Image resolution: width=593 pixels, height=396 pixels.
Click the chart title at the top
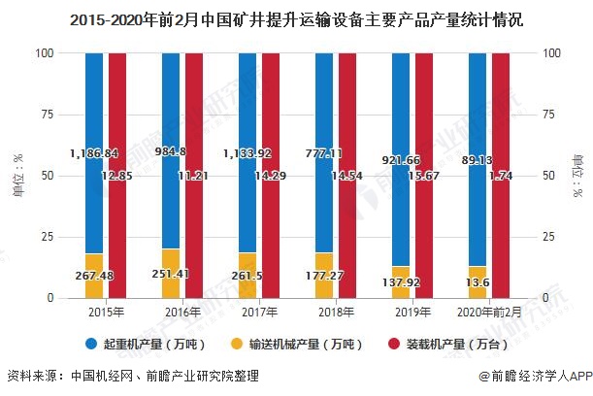click(x=296, y=19)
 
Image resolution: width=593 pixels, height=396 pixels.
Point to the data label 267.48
click(x=94, y=275)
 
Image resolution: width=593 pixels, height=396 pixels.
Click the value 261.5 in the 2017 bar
click(x=247, y=275)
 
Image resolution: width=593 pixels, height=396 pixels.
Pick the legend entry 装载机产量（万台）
click(x=443, y=344)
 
